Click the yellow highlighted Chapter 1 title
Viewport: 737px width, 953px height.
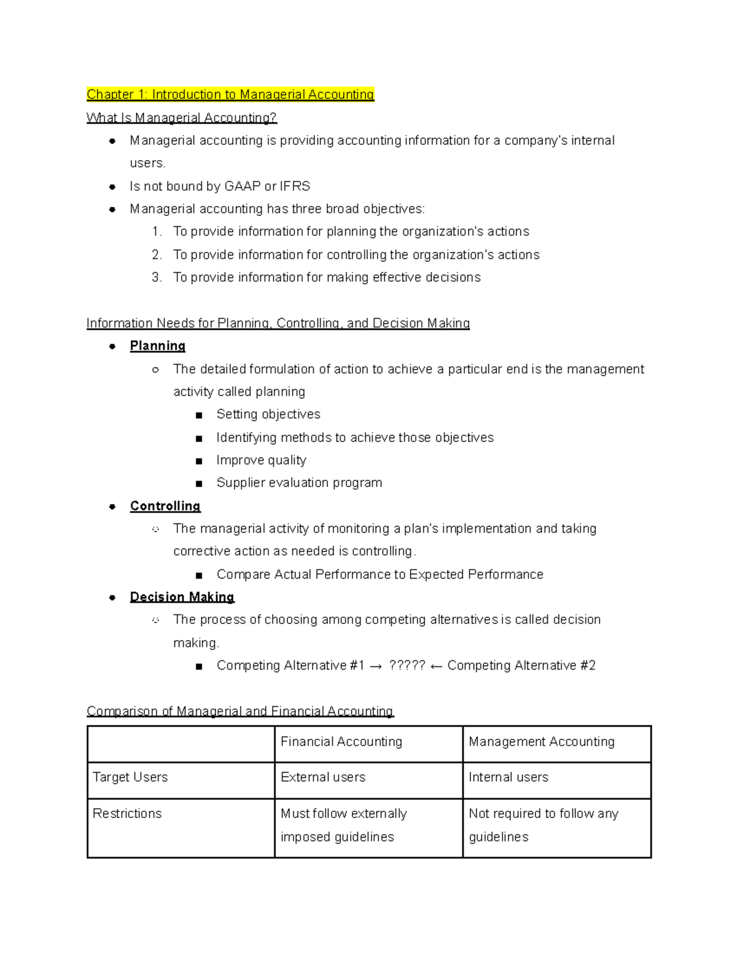coord(230,95)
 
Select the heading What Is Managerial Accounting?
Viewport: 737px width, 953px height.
coord(181,118)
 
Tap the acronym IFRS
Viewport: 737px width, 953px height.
coord(295,187)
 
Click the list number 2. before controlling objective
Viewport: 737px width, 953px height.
coord(157,255)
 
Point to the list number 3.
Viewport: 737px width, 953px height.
coord(157,277)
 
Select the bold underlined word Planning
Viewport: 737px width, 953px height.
coord(157,346)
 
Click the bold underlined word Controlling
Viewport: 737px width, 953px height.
coord(165,506)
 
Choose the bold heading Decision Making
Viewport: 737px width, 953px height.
coord(182,597)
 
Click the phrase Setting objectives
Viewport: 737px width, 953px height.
coord(268,415)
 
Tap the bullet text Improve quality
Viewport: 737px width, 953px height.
coord(261,460)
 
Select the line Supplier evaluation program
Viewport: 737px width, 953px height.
coord(299,483)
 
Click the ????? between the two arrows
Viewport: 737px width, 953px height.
coord(407,666)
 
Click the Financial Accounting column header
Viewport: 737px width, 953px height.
coord(341,742)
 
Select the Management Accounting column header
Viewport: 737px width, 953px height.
coord(541,742)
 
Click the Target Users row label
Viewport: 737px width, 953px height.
coord(130,777)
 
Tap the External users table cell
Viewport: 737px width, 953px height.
coord(322,777)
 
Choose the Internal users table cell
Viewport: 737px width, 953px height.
coord(508,777)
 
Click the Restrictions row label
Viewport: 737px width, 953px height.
coord(127,814)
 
